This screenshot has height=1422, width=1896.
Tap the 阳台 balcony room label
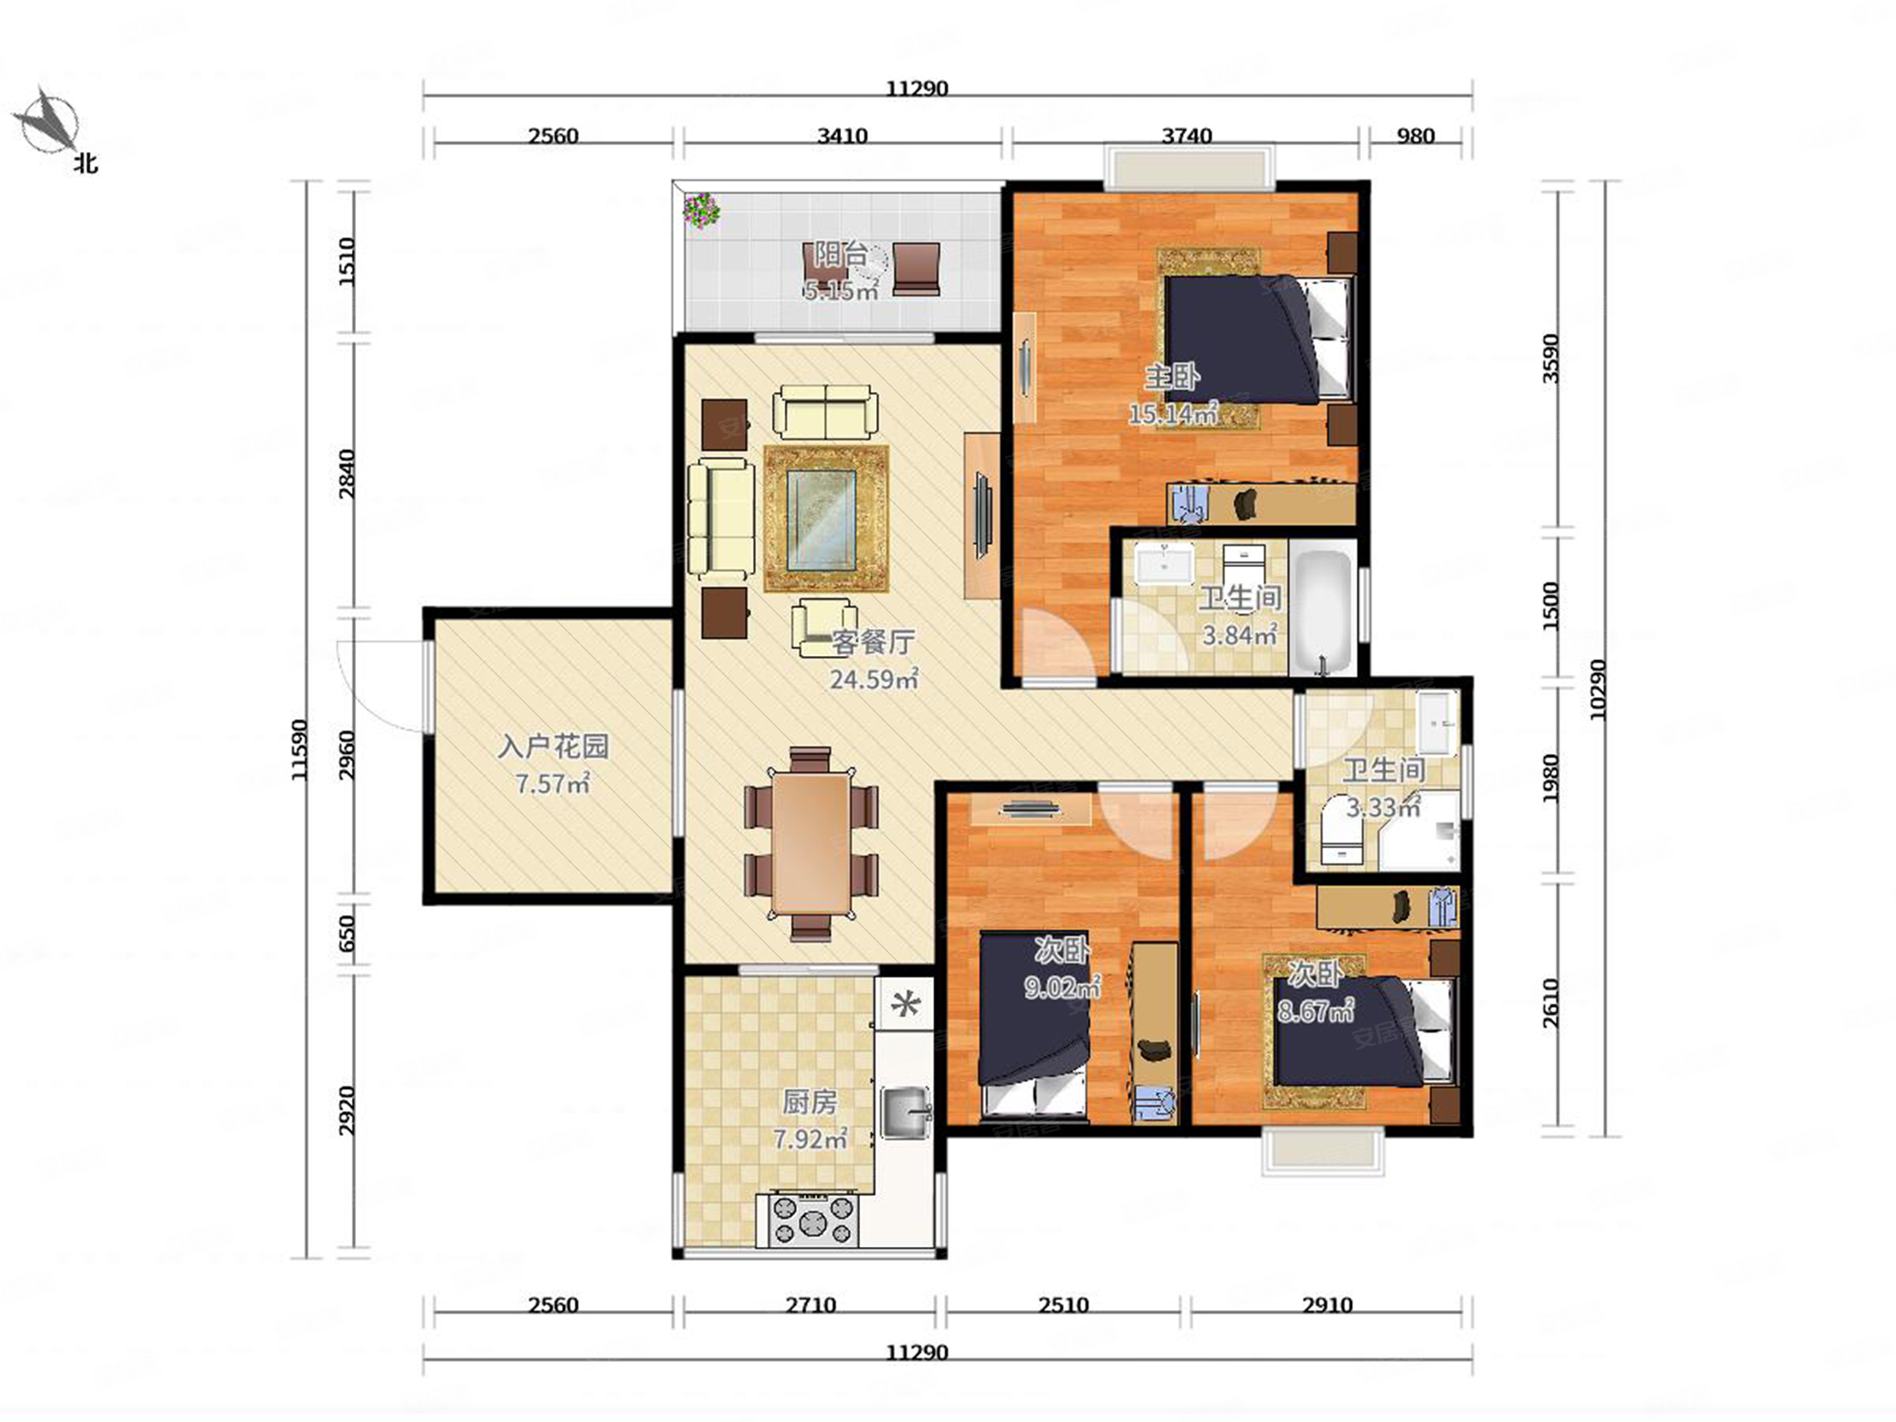pyautogui.click(x=840, y=255)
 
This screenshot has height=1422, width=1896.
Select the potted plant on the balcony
pyautogui.click(x=701, y=210)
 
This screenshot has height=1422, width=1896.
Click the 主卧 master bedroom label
pyautogui.click(x=1173, y=377)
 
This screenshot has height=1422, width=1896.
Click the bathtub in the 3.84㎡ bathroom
pyautogui.click(x=1322, y=612)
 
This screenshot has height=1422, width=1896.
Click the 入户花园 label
pyautogui.click(x=553, y=746)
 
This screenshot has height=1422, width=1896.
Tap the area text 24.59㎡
pyautogui.click(x=874, y=680)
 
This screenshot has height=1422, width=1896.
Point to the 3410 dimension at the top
pyautogui.click(x=843, y=136)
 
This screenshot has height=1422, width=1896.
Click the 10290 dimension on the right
pyautogui.click(x=1598, y=690)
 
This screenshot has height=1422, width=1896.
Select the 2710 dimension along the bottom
pyautogui.click(x=810, y=1306)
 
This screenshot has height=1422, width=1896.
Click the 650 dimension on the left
pyautogui.click(x=346, y=933)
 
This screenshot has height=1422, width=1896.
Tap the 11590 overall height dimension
pyautogui.click(x=298, y=749)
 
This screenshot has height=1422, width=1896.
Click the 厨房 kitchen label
pyautogui.click(x=809, y=1103)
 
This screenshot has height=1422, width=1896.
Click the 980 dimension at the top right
pyautogui.click(x=1415, y=136)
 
